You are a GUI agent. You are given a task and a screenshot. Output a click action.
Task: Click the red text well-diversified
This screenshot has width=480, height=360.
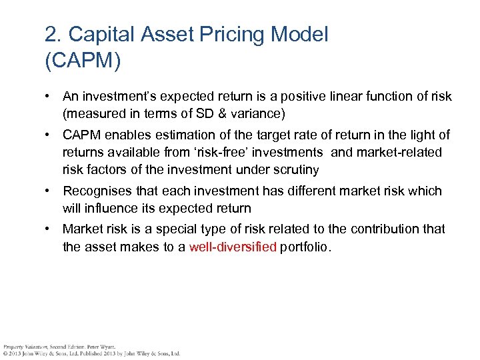(x=233, y=247)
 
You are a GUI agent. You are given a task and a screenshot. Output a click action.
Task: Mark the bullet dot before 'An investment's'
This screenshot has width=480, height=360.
(x=49, y=97)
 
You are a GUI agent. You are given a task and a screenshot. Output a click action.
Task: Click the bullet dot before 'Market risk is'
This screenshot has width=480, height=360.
(x=49, y=229)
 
